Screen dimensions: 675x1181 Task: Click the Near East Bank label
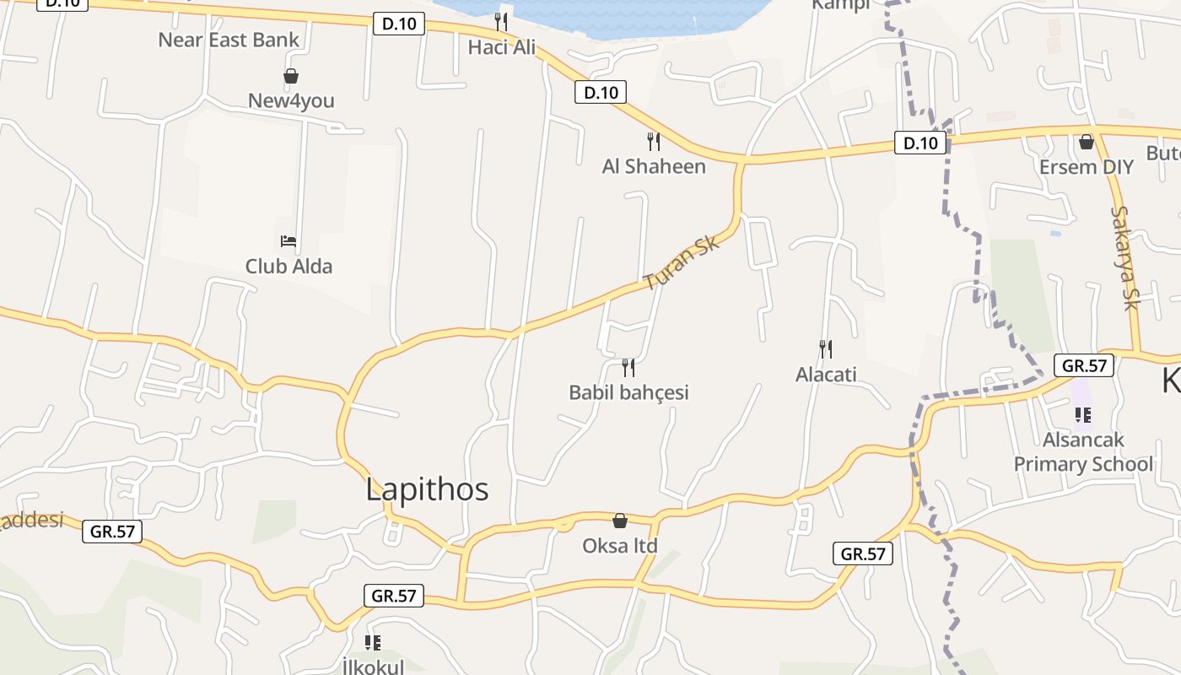click(229, 40)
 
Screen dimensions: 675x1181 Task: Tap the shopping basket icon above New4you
click(291, 77)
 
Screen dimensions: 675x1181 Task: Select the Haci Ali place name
click(502, 47)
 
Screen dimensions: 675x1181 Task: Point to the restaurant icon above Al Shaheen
click(654, 141)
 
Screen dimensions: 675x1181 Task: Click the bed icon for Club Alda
click(289, 241)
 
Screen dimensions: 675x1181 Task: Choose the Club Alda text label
click(289, 267)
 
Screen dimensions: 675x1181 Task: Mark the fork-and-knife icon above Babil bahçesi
click(628, 367)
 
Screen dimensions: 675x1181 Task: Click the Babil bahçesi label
click(628, 392)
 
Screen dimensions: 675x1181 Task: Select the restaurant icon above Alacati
click(826, 348)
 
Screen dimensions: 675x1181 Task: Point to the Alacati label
click(826, 374)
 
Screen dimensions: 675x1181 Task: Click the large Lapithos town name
click(427, 489)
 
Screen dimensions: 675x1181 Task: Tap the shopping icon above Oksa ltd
click(620, 521)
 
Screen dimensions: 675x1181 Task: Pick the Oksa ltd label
click(620, 546)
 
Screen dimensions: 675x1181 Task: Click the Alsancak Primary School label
click(1083, 452)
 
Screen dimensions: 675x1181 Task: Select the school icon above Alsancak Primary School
click(1083, 415)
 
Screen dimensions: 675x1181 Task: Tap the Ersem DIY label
click(1086, 167)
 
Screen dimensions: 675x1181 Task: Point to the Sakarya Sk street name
click(1125, 258)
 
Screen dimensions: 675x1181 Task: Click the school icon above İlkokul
click(373, 643)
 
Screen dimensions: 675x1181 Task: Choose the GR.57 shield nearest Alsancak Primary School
click(1084, 365)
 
